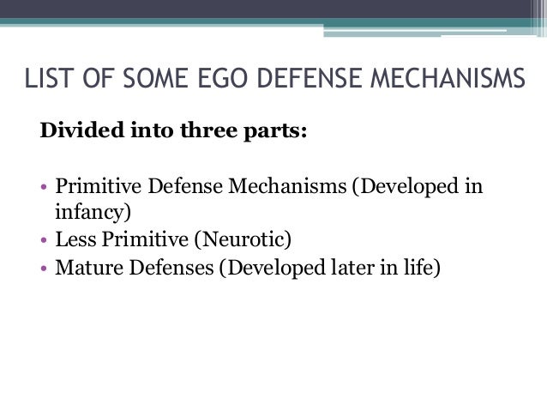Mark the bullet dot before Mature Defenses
45,269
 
